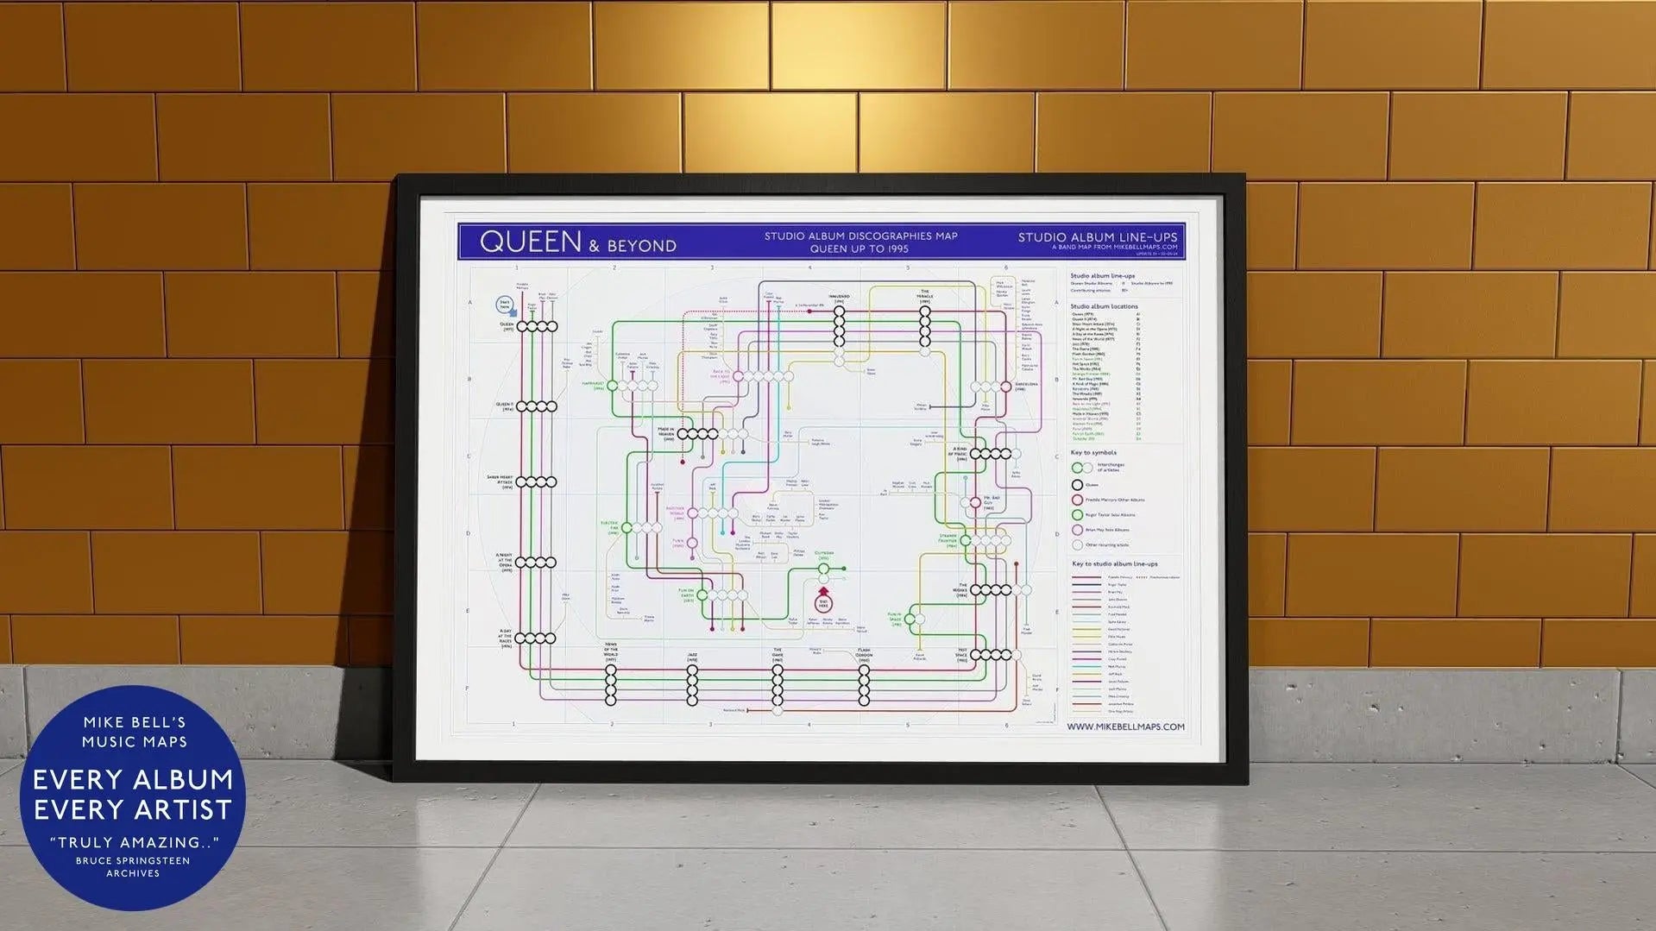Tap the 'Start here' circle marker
(505, 305)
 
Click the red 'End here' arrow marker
(823, 601)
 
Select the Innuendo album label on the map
(839, 298)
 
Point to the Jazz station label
(692, 657)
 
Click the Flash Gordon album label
(864, 653)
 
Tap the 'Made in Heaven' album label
(665, 433)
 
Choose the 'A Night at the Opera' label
(505, 563)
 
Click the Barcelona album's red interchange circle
(1005, 387)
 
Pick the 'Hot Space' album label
(961, 655)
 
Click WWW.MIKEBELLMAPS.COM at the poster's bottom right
(1125, 727)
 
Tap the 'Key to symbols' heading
(1093, 452)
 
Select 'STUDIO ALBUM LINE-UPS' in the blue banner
(1097, 237)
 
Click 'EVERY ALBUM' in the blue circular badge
(133, 780)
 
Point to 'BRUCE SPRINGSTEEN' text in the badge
(133, 860)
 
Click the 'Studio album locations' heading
(1104, 306)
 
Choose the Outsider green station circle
(823, 569)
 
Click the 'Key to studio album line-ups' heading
(1114, 563)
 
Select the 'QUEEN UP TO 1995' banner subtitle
(859, 248)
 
